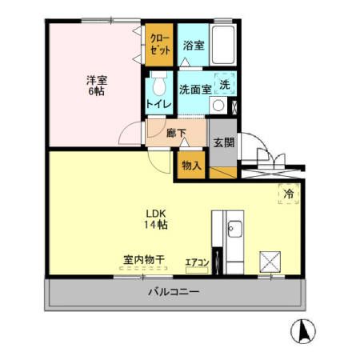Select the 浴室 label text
(x=191, y=46)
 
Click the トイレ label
(x=157, y=105)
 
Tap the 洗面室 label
(x=194, y=90)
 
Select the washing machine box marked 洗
(x=225, y=84)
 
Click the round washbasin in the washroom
(x=217, y=105)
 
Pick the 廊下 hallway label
(x=177, y=134)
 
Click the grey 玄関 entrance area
(x=223, y=143)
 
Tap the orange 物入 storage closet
(x=191, y=166)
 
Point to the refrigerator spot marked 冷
(x=288, y=193)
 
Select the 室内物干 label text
(x=144, y=260)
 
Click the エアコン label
(x=197, y=262)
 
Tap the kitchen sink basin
(x=234, y=230)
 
